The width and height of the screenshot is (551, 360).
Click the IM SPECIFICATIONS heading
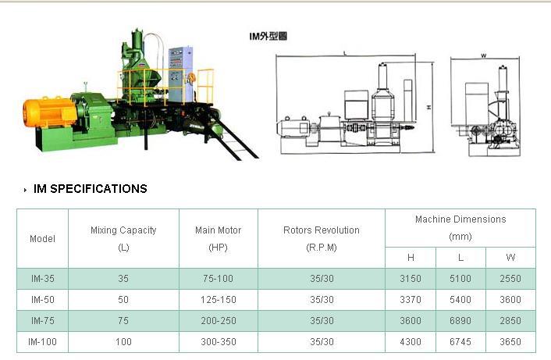[90, 189]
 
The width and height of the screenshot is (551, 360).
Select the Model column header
[42, 239]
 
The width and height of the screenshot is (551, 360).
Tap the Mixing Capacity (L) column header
[123, 238]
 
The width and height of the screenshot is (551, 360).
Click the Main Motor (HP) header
[218, 238]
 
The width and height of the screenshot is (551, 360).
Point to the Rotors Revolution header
[321, 238]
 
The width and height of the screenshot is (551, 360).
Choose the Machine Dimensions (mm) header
[460, 227]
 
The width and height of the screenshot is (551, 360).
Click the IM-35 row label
[42, 278]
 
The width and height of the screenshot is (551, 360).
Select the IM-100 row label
[42, 341]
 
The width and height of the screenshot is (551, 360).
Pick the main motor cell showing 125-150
[218, 299]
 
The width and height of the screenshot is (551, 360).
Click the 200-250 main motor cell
[218, 320]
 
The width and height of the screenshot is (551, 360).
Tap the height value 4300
[411, 341]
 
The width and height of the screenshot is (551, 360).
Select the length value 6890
[460, 320]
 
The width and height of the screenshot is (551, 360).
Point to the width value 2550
[510, 278]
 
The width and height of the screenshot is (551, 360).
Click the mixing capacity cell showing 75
[123, 320]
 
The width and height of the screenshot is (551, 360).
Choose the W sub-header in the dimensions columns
[510, 257]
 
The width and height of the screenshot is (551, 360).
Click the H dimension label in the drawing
[429, 107]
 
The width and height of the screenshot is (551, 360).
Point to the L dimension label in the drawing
[345, 53]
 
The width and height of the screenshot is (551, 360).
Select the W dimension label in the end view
[484, 55]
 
